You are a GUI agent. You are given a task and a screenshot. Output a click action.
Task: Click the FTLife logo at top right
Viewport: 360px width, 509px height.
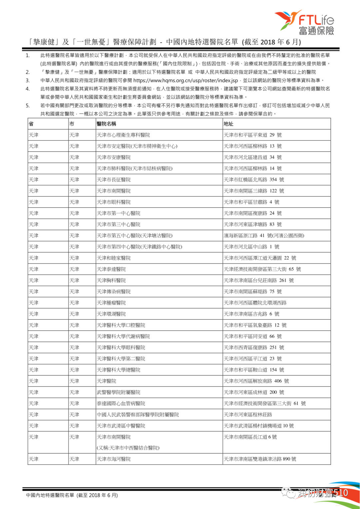point(304,22)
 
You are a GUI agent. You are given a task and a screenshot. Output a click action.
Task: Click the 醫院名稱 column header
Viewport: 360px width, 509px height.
point(106,124)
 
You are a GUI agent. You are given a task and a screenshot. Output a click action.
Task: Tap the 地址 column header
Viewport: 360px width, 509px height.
point(228,124)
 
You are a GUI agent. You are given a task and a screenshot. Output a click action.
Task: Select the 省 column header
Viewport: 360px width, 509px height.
point(31,124)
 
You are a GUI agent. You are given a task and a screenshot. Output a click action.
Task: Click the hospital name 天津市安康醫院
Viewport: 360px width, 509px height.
point(114,157)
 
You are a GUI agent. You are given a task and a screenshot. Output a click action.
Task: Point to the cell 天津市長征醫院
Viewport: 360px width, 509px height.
point(114,180)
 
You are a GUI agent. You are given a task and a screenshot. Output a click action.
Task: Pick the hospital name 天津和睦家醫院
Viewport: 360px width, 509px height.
point(114,258)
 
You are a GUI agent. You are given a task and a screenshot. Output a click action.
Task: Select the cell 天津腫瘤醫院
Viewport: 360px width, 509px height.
point(111,303)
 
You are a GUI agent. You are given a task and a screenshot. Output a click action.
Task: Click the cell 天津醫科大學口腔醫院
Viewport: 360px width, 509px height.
point(121,325)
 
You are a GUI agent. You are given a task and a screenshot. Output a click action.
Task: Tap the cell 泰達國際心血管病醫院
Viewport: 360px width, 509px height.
point(121,404)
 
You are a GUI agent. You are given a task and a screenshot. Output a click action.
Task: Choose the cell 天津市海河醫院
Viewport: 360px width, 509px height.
point(114,459)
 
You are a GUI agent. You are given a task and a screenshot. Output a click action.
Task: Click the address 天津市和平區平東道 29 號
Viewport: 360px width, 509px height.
point(253,135)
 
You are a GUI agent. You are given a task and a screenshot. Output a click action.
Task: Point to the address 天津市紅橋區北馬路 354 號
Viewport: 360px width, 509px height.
point(254,180)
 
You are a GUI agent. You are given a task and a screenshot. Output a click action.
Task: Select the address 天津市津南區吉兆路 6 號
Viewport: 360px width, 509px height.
point(252,314)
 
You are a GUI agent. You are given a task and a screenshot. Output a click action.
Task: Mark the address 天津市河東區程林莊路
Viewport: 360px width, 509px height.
point(248,415)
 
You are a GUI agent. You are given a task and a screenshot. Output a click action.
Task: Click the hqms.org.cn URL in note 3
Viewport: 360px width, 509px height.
point(186,80)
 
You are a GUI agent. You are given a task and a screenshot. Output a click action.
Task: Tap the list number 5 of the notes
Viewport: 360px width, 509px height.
point(28,106)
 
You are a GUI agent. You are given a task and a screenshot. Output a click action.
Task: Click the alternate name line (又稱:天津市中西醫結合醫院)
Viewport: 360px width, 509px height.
point(128,448)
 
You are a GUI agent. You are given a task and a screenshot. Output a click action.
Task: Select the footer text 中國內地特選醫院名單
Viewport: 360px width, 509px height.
point(50,495)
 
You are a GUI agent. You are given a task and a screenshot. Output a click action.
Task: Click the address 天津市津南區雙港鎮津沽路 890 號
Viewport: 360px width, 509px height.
point(260,459)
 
